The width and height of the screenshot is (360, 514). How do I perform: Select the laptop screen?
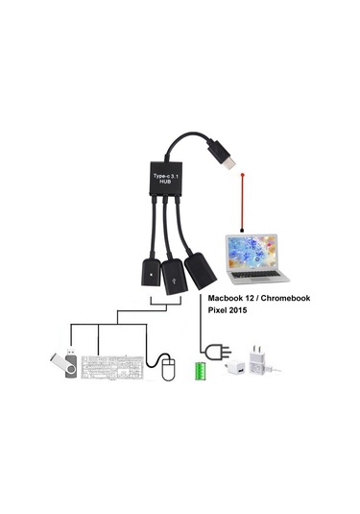(x=248, y=249)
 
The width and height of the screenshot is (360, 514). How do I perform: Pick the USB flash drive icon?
(x=62, y=366)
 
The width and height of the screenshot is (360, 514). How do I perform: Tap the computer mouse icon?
(x=168, y=368)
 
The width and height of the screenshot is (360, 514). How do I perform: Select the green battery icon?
(x=202, y=371)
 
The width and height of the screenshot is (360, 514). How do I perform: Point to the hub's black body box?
(x=171, y=175)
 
